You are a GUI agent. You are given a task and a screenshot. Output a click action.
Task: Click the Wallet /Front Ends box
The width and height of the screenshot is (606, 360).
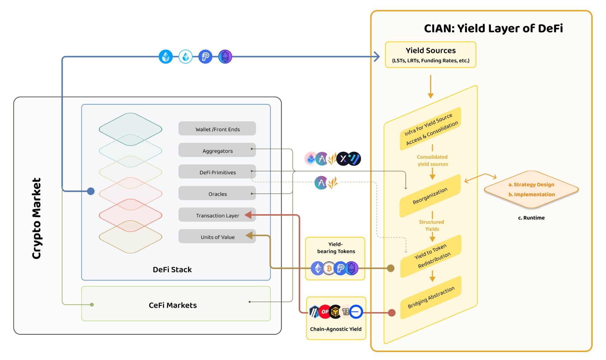217,129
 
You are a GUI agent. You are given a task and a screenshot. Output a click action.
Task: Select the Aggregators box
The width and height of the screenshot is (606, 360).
217,150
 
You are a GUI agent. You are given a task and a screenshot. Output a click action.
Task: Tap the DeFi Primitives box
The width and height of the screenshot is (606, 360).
217,172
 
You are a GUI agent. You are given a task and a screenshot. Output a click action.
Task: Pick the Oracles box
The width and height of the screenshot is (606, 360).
217,194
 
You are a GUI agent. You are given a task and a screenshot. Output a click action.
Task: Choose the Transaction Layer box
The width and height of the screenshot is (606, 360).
217,215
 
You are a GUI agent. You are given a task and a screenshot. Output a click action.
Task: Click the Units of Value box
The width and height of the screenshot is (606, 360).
217,237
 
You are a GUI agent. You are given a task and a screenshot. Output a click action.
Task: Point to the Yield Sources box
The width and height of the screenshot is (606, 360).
430,55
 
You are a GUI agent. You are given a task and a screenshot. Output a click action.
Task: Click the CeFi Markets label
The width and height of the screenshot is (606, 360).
172,305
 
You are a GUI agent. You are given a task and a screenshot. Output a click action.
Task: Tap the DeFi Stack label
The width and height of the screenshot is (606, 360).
172,269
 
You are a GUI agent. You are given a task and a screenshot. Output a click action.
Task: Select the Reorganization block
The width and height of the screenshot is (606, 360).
430,196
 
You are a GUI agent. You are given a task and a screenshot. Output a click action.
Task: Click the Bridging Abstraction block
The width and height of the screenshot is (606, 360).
431,297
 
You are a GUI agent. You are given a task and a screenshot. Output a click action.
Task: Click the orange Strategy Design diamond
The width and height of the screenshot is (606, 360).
531,189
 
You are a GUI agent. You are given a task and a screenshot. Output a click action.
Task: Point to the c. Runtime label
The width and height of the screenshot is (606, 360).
531,218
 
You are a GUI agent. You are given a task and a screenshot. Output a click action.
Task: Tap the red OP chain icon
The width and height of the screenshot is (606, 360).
324,312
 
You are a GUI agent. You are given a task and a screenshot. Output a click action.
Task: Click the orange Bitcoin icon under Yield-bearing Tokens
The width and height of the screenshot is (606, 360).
329,268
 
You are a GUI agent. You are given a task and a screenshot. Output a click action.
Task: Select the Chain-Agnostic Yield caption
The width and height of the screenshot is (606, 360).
336,329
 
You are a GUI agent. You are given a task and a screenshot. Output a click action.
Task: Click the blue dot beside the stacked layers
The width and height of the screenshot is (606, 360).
91,191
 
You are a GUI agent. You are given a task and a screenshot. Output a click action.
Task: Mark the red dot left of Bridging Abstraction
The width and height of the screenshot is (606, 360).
392,313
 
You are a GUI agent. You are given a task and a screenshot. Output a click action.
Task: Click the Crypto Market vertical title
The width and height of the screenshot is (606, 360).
37,218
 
